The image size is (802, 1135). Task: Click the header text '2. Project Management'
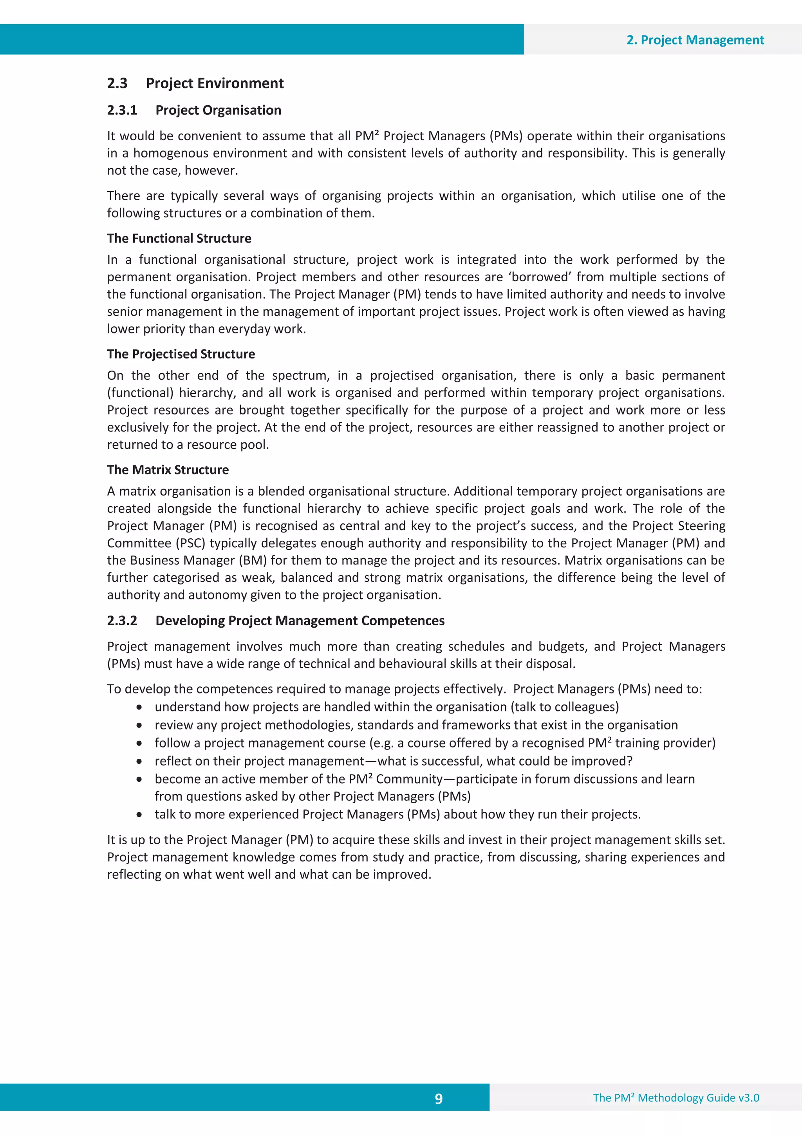click(695, 40)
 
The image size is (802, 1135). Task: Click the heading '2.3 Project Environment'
click(195, 83)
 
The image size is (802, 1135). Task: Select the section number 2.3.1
click(122, 110)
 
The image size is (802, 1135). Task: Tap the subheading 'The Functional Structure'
click(179, 238)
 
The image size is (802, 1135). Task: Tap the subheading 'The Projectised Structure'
click(181, 354)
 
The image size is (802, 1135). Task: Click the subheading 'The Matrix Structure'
click(168, 470)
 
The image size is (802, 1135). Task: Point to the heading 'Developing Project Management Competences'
click(300, 621)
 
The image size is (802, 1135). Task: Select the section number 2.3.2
click(122, 621)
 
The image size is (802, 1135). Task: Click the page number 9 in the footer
click(438, 1099)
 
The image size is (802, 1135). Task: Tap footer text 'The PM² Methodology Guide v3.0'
click(676, 1097)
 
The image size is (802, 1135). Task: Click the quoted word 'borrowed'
click(540, 277)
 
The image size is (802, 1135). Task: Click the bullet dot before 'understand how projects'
click(140, 708)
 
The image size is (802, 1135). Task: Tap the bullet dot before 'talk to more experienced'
click(140, 815)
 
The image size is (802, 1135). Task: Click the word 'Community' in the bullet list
click(409, 780)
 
